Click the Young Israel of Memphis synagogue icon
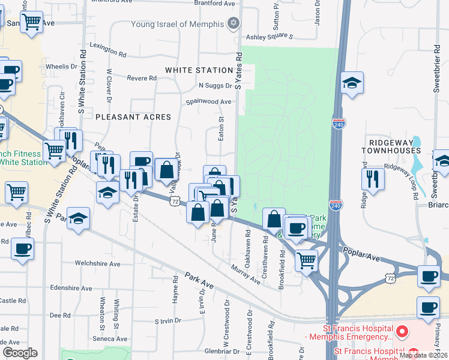(234, 24)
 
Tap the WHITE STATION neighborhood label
(199, 70)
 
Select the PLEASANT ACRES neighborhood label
(133, 117)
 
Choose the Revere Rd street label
(142, 78)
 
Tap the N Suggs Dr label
(215, 86)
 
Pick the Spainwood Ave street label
(208, 102)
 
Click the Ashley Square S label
(270, 37)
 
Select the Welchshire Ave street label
(97, 263)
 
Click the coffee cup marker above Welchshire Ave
(22, 248)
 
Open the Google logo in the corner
(20, 353)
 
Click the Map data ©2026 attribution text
(423, 355)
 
